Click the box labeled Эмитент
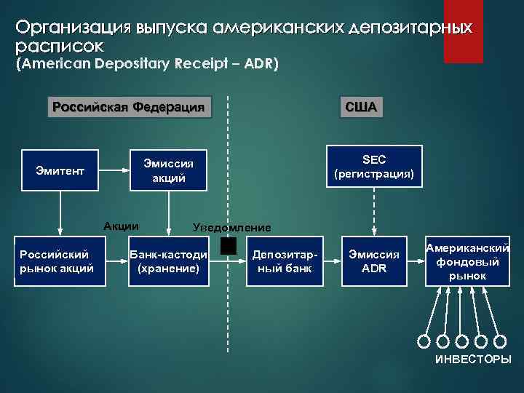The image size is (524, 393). pyautogui.click(x=60, y=171)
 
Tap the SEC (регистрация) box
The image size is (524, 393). pyautogui.click(x=373, y=167)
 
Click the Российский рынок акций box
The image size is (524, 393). pyautogui.click(x=56, y=261)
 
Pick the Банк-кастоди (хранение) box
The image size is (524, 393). pyautogui.click(x=168, y=261)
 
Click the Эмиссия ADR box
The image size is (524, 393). pyautogui.click(x=373, y=261)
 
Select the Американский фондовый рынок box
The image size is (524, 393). pyautogui.click(x=467, y=261)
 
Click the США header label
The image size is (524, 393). pyautogui.click(x=361, y=108)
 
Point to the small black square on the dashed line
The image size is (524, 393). pyautogui.click(x=229, y=247)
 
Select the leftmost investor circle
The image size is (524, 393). pyautogui.click(x=424, y=341)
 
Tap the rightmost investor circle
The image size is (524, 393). pyautogui.click(x=500, y=341)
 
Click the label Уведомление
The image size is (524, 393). pyautogui.click(x=231, y=226)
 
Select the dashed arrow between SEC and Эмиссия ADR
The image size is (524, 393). pyautogui.click(x=373, y=213)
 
